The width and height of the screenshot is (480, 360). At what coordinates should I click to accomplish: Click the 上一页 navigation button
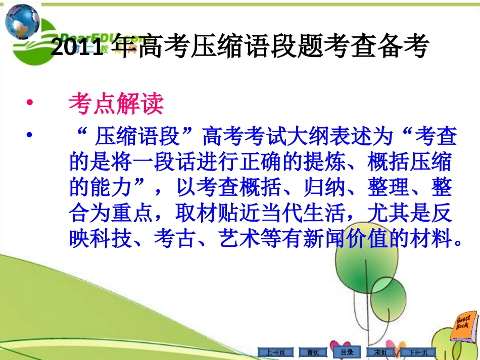[275, 352]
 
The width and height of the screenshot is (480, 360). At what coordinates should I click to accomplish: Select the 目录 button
[347, 352]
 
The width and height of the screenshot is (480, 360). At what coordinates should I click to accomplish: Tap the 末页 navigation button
[380, 352]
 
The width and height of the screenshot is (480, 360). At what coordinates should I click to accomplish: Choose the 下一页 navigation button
[418, 352]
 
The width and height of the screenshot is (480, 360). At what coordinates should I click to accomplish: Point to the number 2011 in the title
[76, 47]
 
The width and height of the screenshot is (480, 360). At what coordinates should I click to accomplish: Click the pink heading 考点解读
[116, 104]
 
